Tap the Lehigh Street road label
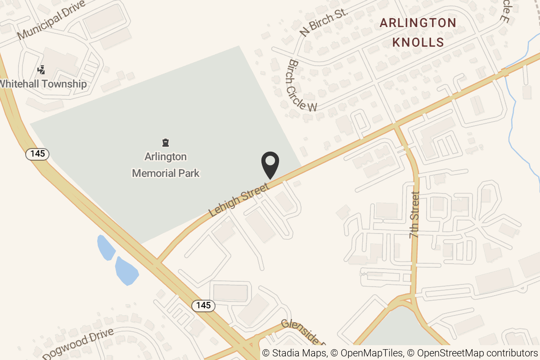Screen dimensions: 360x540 (x=238, y=198)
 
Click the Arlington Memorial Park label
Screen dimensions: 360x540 (x=166, y=165)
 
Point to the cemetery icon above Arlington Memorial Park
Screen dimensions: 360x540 (x=166, y=143)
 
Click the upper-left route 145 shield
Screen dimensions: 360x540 (x=37, y=154)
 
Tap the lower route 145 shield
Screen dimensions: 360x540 (x=203, y=306)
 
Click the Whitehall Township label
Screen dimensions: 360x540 (x=43, y=84)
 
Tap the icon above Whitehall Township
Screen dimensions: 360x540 (x=42, y=70)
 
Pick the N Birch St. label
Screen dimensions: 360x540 (x=324, y=22)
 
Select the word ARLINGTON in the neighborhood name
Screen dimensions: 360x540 (x=418, y=23)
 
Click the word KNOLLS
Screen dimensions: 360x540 (x=418, y=43)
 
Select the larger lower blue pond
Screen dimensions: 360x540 (x=126, y=270)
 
